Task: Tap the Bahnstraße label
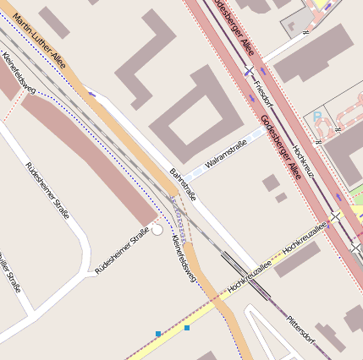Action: (x=182, y=183)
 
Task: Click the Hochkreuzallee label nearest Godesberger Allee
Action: (x=304, y=237)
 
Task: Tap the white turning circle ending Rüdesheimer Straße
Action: (x=157, y=229)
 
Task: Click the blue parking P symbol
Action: (x=317, y=116)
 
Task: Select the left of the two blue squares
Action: (x=158, y=334)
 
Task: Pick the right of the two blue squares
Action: (x=186, y=327)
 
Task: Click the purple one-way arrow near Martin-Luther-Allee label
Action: (x=91, y=94)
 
